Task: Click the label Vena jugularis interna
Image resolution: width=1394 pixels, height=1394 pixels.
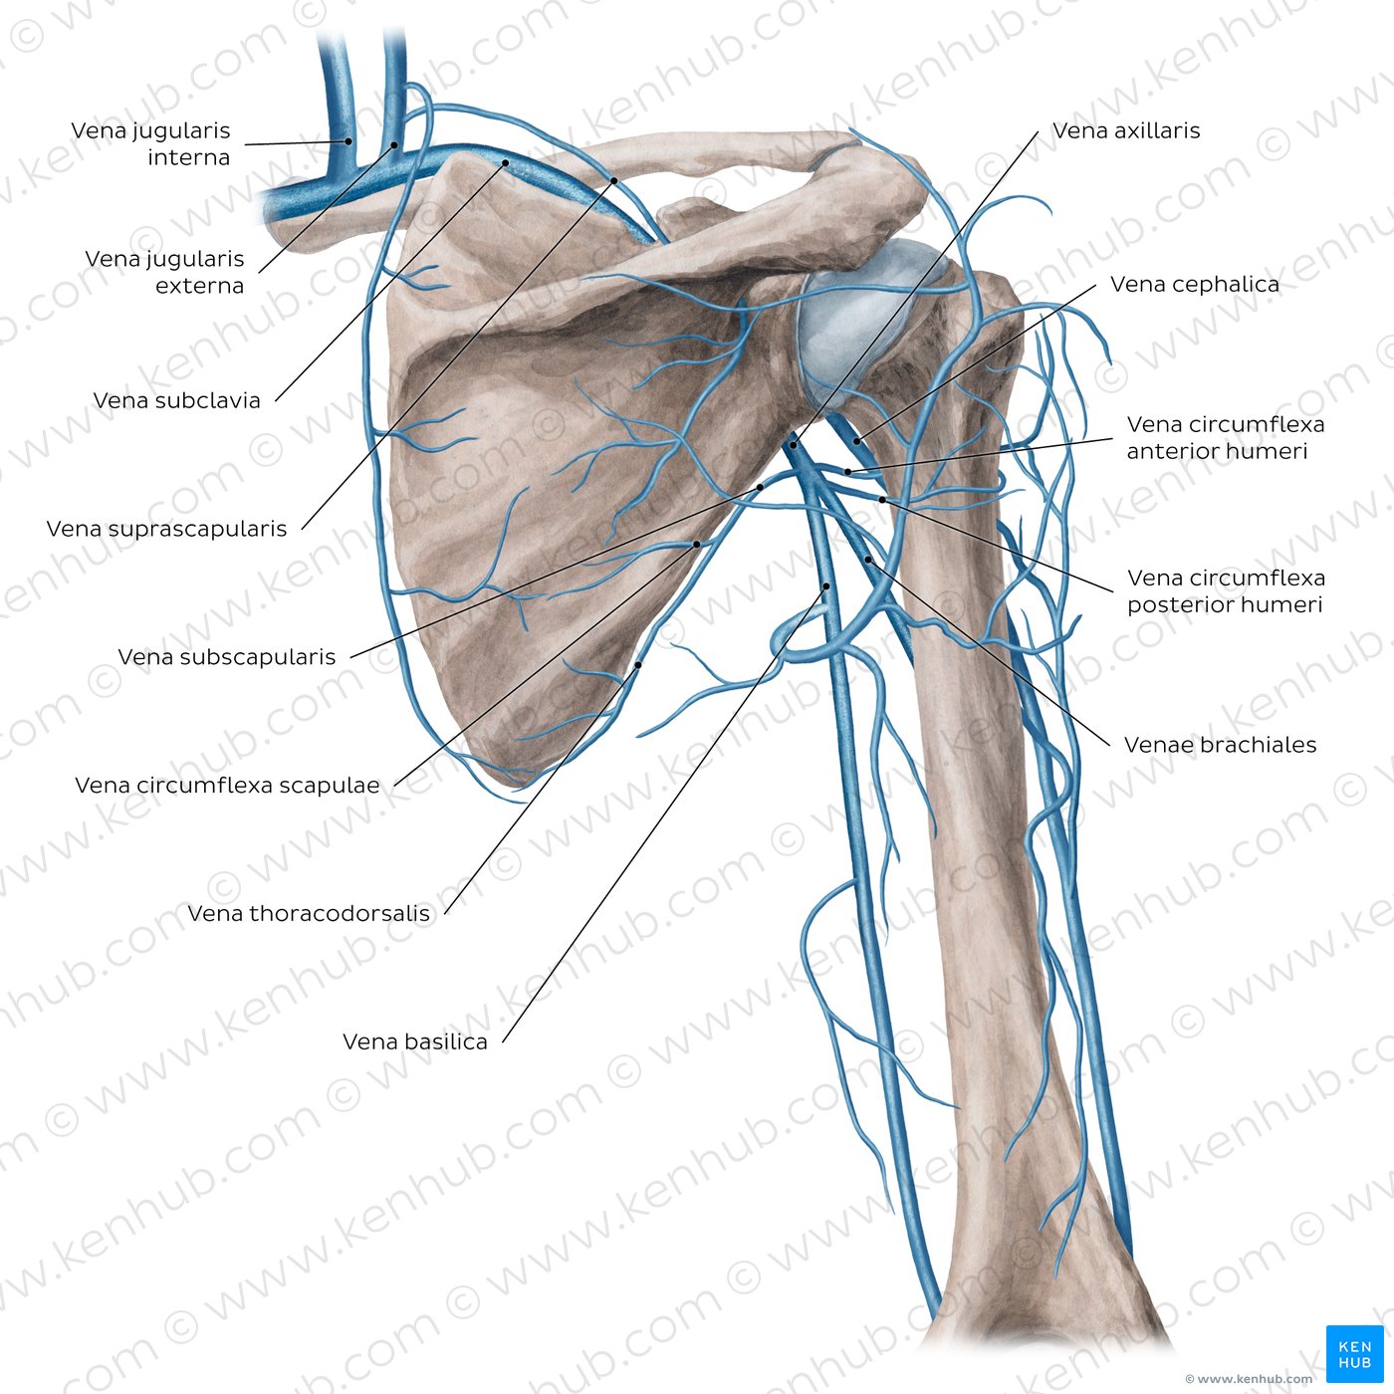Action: pos(150,144)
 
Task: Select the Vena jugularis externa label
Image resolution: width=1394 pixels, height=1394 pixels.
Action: pos(164,272)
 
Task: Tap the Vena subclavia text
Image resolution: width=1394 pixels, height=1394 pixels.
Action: pos(176,400)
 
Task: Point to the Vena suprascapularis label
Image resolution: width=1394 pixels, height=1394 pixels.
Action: pos(166,529)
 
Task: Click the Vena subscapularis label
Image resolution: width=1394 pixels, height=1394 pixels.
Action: pos(226,657)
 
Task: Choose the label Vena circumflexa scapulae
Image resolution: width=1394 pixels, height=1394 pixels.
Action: pos(227,785)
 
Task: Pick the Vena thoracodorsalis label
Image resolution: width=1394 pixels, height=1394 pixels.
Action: pos(309,913)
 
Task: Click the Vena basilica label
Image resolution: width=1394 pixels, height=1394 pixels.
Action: pos(415,1042)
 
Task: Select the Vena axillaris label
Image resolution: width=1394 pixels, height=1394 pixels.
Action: pos(1126,130)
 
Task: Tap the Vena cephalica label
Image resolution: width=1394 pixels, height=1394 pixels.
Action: pos(1194,285)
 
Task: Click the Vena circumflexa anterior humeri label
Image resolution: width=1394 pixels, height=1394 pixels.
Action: pos(1226,438)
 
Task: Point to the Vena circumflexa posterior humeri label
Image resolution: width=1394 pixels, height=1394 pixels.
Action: pos(1226,591)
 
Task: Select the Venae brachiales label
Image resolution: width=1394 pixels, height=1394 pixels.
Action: pos(1221,745)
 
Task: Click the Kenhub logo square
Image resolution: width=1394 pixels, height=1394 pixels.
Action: pos(1355,1354)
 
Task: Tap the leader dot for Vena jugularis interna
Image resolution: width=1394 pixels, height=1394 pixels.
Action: pos(348,141)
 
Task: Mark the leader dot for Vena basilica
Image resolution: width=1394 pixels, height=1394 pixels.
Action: pos(826,585)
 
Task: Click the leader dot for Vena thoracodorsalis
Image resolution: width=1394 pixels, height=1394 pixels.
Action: pos(638,665)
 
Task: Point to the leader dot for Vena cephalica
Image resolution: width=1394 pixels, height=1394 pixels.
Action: pos(856,441)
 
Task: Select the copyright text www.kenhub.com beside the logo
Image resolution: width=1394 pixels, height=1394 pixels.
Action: pos(1250,1379)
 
